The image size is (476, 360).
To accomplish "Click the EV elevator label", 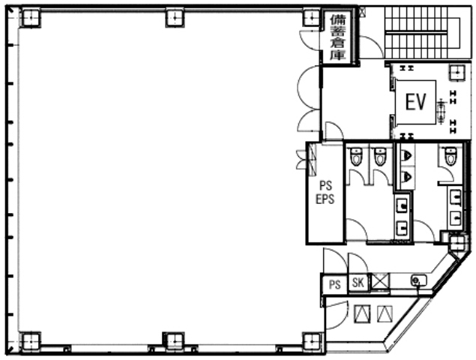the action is point(415,102).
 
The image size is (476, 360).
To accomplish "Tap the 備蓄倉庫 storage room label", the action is point(338,37).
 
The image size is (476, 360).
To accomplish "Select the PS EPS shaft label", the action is point(325,192).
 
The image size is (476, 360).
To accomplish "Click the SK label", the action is point(358,283).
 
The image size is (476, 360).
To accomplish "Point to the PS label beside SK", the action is point(335,285).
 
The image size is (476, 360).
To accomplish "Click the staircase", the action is point(422,32).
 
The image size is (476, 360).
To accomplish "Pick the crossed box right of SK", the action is point(380,281).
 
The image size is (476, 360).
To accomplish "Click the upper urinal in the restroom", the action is point(406,156).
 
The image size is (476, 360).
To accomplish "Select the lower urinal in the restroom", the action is point(406,176).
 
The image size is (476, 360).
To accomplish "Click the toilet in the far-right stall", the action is point(451,155).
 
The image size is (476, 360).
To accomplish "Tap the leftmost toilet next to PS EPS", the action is point(356,156).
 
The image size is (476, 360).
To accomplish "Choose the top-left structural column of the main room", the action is point(30,17).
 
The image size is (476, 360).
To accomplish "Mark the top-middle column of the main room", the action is point(175,17).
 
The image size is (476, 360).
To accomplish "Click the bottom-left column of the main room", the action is point(30,341).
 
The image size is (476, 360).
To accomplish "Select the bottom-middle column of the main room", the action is point(174,341).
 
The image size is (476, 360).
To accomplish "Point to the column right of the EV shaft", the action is point(457,72).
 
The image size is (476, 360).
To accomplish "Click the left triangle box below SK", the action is point(362,313).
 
